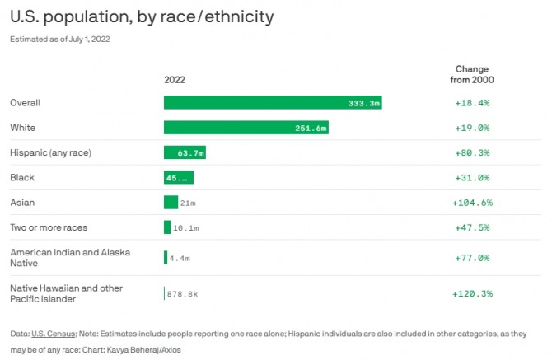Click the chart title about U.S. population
[x=142, y=16]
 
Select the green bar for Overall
[x=273, y=103]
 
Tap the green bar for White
[x=246, y=128]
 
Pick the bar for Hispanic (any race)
[x=185, y=152]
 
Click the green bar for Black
[x=178, y=177]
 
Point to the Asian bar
[x=171, y=202]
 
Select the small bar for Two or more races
[x=167, y=227]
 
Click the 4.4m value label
[x=180, y=258]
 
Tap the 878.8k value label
[x=184, y=293]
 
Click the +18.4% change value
[x=472, y=103]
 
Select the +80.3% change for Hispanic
[x=472, y=152]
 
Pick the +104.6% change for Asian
[x=472, y=202]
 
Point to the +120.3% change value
[x=472, y=293]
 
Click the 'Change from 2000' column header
[x=472, y=74]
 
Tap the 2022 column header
[x=175, y=80]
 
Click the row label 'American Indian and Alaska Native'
[x=70, y=258]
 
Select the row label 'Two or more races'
[x=49, y=227]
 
